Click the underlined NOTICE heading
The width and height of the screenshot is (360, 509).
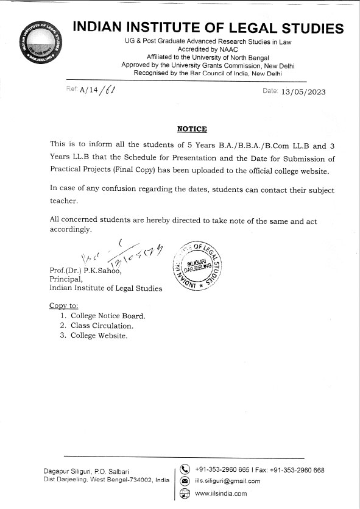tap(192, 129)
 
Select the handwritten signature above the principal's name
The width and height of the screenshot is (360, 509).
tap(118, 254)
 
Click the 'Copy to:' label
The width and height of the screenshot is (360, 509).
tap(63, 305)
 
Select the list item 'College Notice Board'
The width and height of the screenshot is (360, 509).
tap(108, 316)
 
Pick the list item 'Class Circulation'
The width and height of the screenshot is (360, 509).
tap(101, 326)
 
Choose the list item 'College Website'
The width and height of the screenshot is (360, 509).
tap(99, 335)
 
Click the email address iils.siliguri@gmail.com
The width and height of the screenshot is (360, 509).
tap(227, 481)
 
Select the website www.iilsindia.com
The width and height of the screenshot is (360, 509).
tap(221, 493)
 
